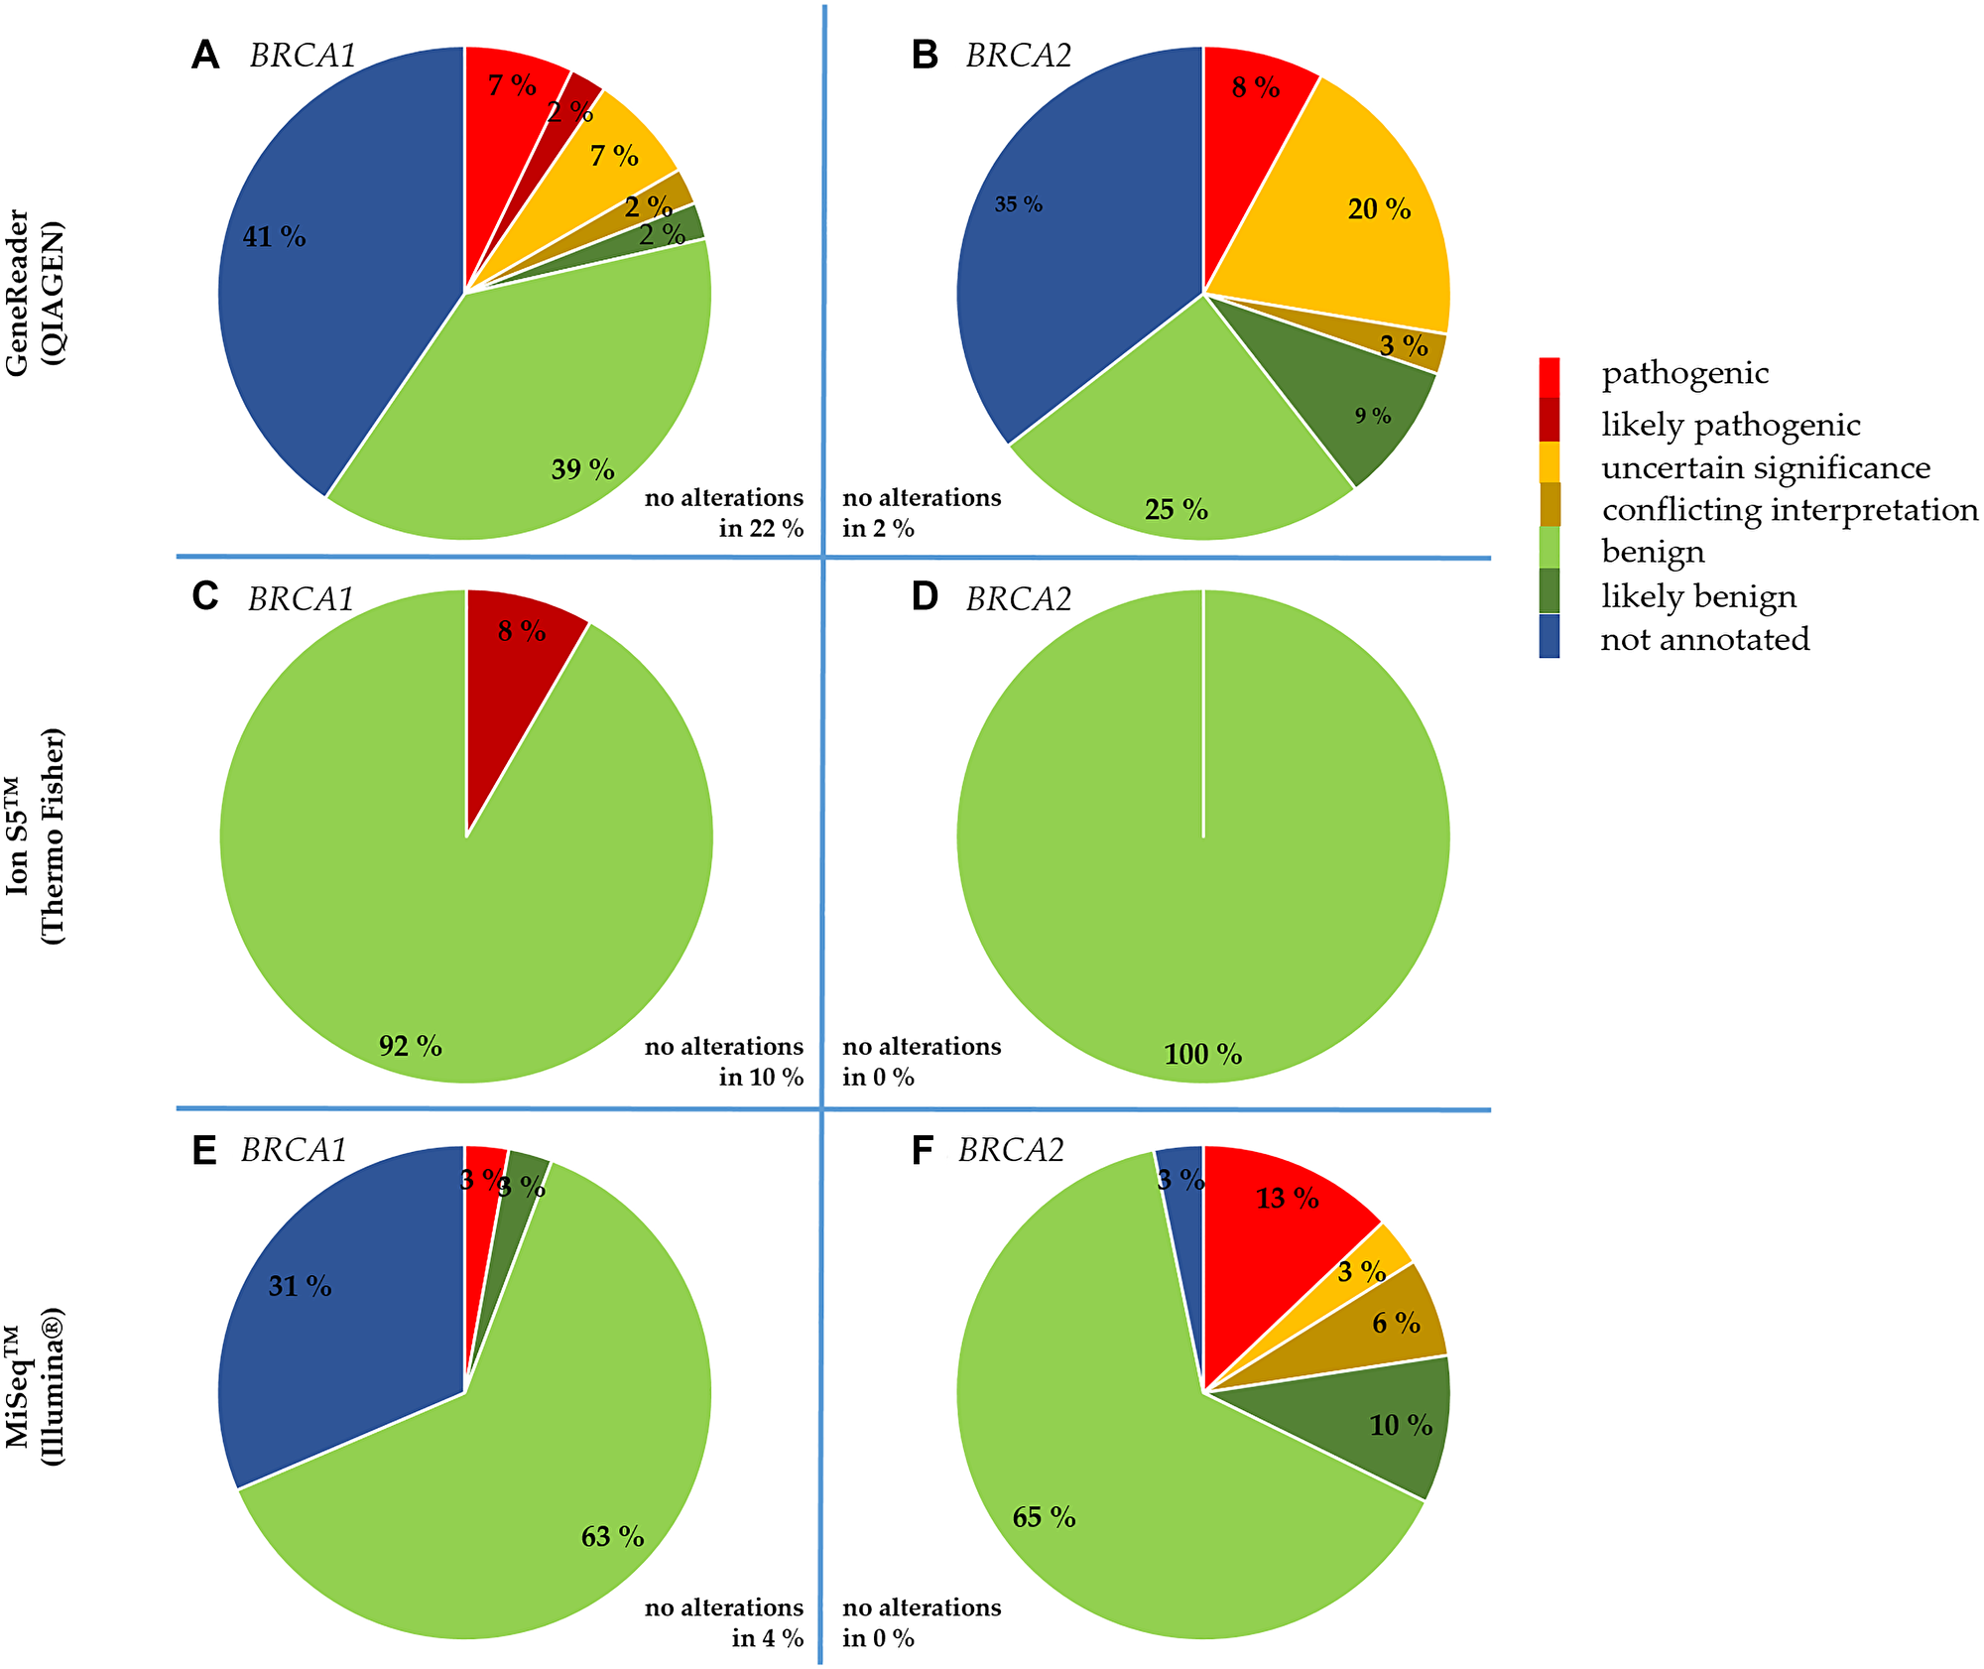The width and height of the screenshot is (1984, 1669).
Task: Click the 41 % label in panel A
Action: click(x=275, y=237)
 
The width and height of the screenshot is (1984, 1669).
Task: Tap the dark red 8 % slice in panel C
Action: click(x=516, y=655)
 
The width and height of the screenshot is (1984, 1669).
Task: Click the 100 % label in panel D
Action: click(x=1202, y=1054)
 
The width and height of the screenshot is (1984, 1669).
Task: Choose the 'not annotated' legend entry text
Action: click(x=1704, y=639)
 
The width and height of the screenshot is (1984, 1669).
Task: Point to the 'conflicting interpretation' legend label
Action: click(x=1790, y=509)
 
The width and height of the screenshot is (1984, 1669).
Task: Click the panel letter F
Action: click(x=922, y=1151)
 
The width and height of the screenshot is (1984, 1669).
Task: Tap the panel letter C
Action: click(x=204, y=597)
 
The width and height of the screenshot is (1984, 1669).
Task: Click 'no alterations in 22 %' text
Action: click(x=724, y=512)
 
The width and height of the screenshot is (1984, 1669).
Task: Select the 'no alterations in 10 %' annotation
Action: click(x=724, y=1061)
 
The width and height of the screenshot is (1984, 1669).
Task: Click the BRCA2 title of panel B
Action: click(x=1019, y=56)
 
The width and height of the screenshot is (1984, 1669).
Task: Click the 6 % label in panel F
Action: click(x=1396, y=1323)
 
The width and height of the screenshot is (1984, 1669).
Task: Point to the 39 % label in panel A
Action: click(x=582, y=469)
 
